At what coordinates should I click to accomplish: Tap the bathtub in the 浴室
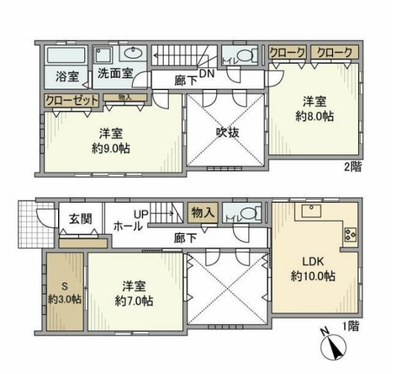67,55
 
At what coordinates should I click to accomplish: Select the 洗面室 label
113,73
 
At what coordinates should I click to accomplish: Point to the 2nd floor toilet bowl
244,56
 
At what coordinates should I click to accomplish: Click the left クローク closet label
288,52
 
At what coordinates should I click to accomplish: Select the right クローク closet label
335,52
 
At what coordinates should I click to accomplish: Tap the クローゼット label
71,100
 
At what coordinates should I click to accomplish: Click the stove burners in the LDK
348,235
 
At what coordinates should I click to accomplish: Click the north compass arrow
335,344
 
